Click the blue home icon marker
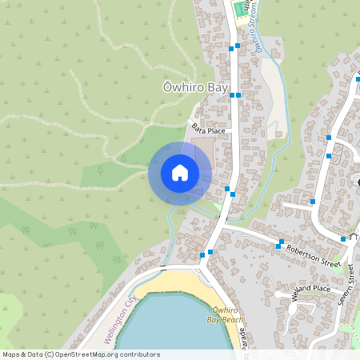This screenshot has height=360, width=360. [x=180, y=173]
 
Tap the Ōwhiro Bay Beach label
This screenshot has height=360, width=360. [x=226, y=314]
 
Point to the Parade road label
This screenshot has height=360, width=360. [x=243, y=342]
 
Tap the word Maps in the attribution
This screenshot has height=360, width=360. [x=12, y=354]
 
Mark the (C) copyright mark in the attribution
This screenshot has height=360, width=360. [x=49, y=354]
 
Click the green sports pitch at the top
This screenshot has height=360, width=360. [x=238, y=10]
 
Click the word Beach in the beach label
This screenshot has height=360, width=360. [x=232, y=320]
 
